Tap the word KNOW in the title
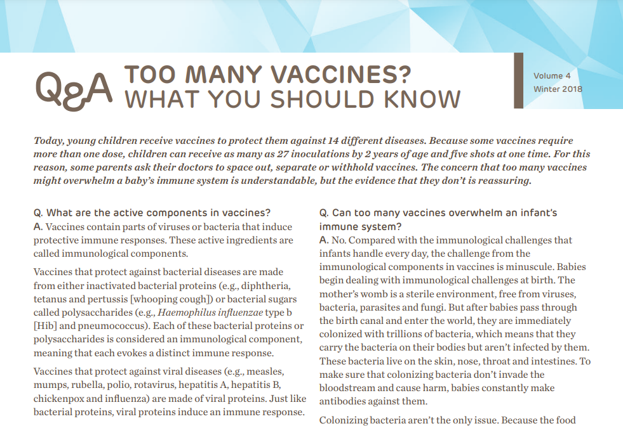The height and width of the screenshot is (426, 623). [x=419, y=100]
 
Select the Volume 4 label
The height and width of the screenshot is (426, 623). [x=552, y=76]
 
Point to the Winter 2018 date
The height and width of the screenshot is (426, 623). [x=558, y=89]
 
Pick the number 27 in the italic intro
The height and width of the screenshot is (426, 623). [x=269, y=154]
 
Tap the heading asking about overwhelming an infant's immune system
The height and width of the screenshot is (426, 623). [x=438, y=219]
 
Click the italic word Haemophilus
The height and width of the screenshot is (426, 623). [x=188, y=313]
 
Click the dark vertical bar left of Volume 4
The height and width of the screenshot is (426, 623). [x=516, y=81]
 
